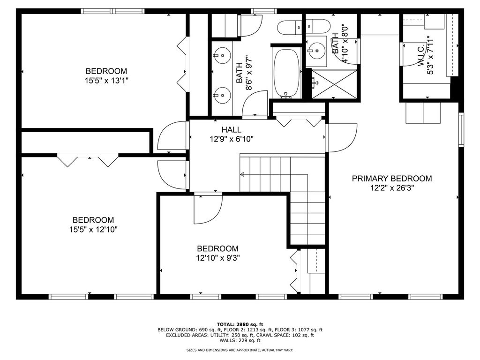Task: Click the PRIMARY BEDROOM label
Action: pos(392,179)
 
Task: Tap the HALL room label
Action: pos(232,130)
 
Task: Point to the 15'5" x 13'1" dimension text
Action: pos(106,81)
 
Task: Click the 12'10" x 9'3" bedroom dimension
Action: pos(217,258)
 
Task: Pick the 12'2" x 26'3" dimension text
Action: pos(392,188)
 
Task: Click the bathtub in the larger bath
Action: pos(286,73)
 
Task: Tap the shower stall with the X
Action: pos(334,84)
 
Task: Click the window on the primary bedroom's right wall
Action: pos(461,129)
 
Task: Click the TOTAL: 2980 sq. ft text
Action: pos(240,324)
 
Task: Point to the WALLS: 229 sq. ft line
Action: pos(240,340)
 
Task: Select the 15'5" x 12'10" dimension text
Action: pos(93,230)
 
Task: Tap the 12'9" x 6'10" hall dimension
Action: pos(232,139)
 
